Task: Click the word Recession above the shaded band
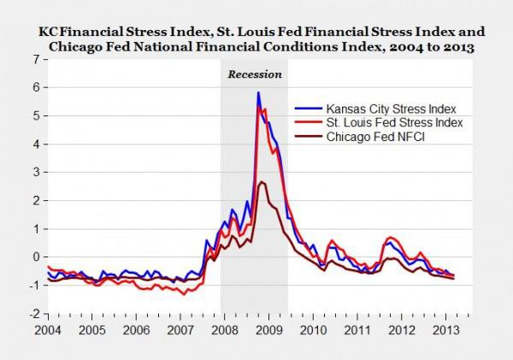coord(254,74)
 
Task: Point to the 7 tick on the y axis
coord(35,59)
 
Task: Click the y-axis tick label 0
coord(35,257)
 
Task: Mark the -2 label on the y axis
coord(32,314)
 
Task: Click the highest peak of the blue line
coord(258,93)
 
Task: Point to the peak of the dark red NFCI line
coord(262,182)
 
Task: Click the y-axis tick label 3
coord(35,172)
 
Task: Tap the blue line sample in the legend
coord(304,109)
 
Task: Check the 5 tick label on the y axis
coord(35,115)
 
